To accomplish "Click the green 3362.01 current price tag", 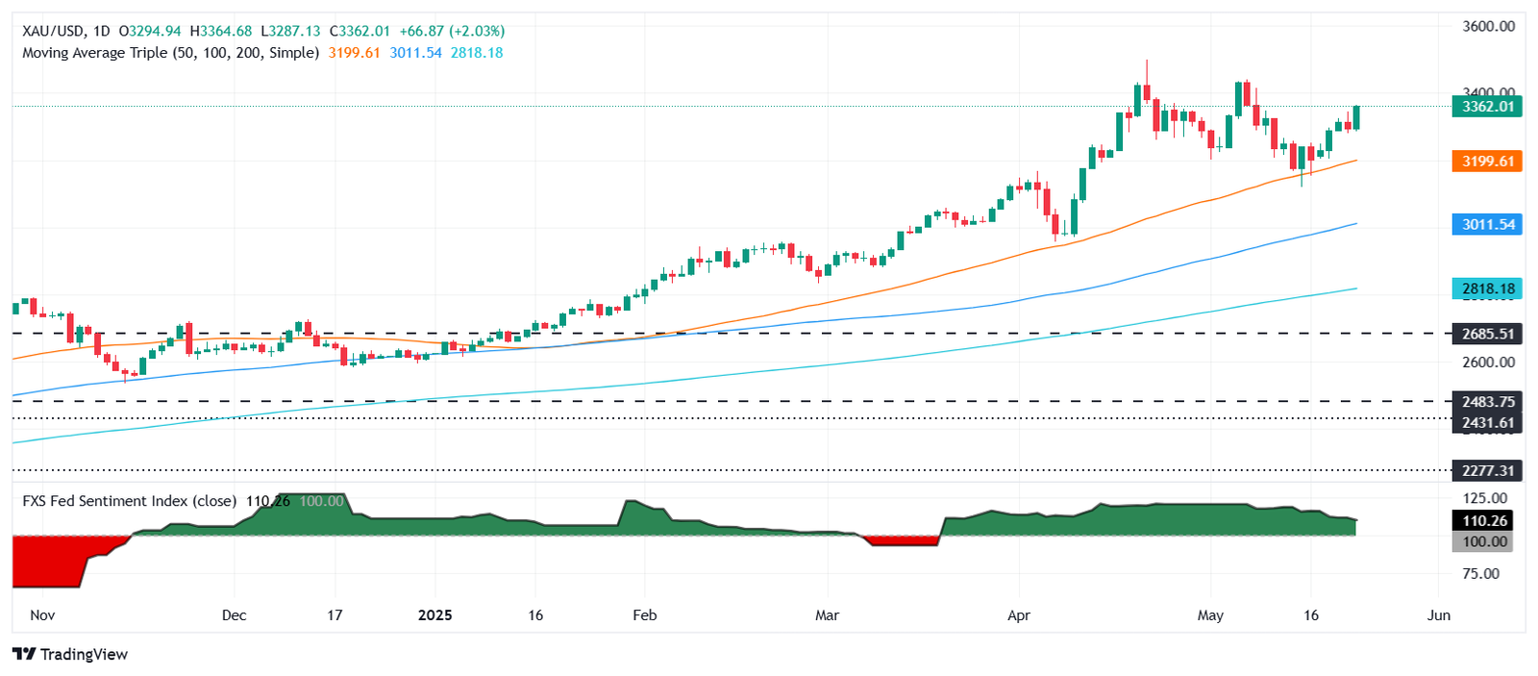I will pyautogui.click(x=1487, y=107).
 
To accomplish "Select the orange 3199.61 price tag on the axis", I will pyautogui.click(x=1487, y=162).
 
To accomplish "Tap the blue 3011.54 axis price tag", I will pyautogui.click(x=1487, y=225).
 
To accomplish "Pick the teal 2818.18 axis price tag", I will pyautogui.click(x=1487, y=288).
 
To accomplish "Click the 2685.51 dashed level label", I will pyautogui.click(x=1487, y=335).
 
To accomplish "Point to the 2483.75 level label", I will pyautogui.click(x=1487, y=402).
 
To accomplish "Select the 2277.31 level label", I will pyautogui.click(x=1487, y=470).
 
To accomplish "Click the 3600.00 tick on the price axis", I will pyautogui.click(x=1488, y=27).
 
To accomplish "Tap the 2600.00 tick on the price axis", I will pyautogui.click(x=1488, y=363).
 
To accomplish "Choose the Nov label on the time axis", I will pyautogui.click(x=42, y=615).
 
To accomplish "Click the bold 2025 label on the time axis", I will pyautogui.click(x=434, y=615).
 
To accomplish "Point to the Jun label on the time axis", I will pyautogui.click(x=1438, y=615).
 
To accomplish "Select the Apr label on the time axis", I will pyautogui.click(x=1019, y=615).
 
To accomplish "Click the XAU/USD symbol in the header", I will pyautogui.click(x=53, y=32).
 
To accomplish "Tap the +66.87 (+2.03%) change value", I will pyautogui.click(x=452, y=32).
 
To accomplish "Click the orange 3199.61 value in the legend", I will pyautogui.click(x=354, y=53).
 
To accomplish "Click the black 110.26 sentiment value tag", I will pyautogui.click(x=1484, y=521).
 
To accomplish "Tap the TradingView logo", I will pyautogui.click(x=70, y=655).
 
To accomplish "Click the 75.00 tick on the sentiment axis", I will pyautogui.click(x=1480, y=574).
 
